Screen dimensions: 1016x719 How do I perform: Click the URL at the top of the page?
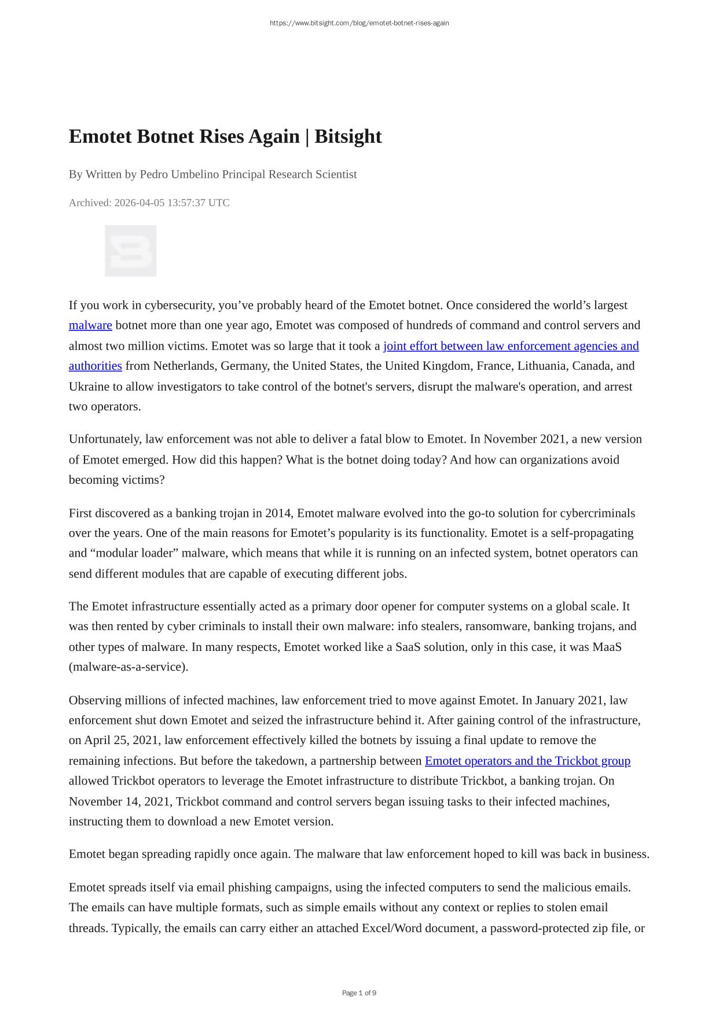[x=359, y=23]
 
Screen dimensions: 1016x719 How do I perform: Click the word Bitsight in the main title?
[x=348, y=137]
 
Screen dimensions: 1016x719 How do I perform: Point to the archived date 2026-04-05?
[x=139, y=203]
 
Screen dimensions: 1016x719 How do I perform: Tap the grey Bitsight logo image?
[x=130, y=251]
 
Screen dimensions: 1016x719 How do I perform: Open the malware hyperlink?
[x=90, y=325]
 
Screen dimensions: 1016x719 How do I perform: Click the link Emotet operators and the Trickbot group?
[x=527, y=761]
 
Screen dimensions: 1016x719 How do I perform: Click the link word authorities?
[x=95, y=366]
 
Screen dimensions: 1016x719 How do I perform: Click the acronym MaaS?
[x=607, y=647]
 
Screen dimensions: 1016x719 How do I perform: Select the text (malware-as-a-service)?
[x=129, y=667]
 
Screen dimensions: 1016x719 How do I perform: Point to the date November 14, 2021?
[x=119, y=801]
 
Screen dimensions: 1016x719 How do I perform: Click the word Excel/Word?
[x=392, y=929]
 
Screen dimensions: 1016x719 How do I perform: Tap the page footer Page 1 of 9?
[x=359, y=993]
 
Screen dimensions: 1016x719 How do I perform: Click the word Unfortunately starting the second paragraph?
[x=104, y=439]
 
